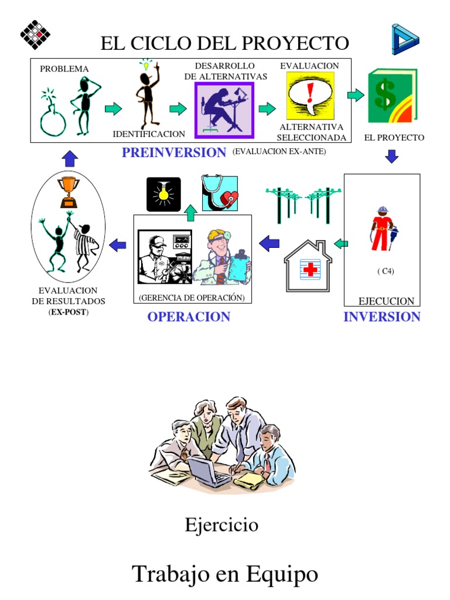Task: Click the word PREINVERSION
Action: pos(173,152)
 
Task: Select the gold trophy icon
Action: pos(68,192)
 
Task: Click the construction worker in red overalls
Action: pos(381,229)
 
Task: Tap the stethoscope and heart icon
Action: pos(220,193)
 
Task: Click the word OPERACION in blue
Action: pos(189,317)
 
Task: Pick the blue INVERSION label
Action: pos(381,317)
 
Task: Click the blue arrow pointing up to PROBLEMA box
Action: pos(70,157)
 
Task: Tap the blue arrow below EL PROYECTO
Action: pos(392,156)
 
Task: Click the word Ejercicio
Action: pos(221,524)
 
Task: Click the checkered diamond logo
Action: pos(36,35)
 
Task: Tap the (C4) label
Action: pos(386,271)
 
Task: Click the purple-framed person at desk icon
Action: pos(224,110)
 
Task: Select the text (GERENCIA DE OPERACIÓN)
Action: pos(192,298)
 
